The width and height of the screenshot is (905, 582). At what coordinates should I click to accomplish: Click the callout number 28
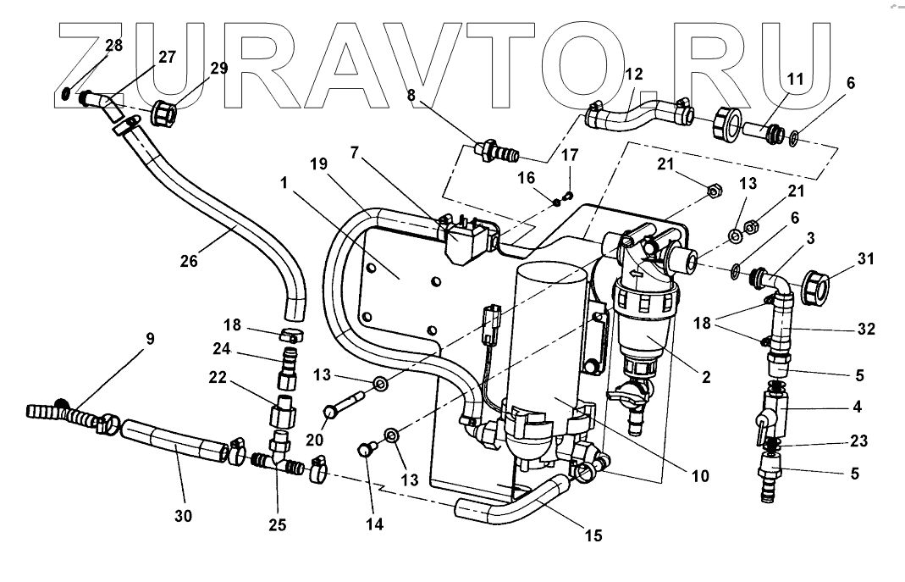(x=114, y=45)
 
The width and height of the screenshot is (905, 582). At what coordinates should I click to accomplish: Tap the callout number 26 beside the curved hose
(x=189, y=261)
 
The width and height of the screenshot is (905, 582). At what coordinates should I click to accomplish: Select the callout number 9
(x=150, y=340)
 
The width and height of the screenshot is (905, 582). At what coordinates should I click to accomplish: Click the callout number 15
(x=593, y=535)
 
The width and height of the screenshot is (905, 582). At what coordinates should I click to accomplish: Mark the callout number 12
(x=633, y=75)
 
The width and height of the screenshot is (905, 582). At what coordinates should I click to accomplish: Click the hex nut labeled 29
(x=163, y=112)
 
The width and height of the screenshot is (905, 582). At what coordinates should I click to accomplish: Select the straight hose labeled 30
(x=174, y=443)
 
